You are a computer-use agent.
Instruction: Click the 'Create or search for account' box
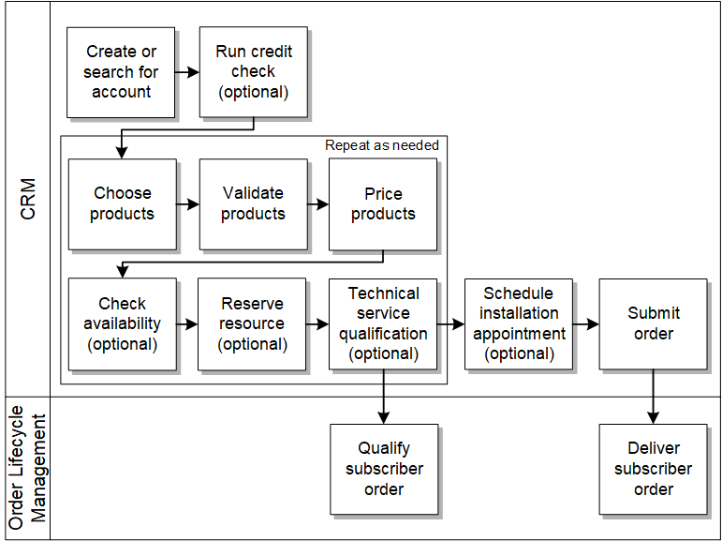121,72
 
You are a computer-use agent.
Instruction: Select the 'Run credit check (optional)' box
253,72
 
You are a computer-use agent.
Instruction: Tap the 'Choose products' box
122,203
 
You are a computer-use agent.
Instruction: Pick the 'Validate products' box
253,203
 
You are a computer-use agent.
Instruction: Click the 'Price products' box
383,203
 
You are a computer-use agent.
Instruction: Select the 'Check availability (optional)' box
122,323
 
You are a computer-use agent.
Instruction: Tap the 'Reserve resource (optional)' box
252,323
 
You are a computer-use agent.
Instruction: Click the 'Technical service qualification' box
383,323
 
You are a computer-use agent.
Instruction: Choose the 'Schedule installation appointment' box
519,323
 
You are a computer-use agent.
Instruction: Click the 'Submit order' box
653,323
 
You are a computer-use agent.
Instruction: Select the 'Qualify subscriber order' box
384,469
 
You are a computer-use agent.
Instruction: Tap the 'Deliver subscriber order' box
653,469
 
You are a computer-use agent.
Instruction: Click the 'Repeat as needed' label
381,145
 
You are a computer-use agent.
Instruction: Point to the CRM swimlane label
28,199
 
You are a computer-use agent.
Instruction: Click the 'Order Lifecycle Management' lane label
28,468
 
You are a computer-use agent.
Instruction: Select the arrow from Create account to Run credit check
187,72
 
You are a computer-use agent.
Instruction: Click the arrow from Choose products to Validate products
188,203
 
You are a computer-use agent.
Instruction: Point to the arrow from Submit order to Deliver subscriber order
653,397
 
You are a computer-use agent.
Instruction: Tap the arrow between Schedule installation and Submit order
586,324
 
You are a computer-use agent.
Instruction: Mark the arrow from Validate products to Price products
318,203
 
